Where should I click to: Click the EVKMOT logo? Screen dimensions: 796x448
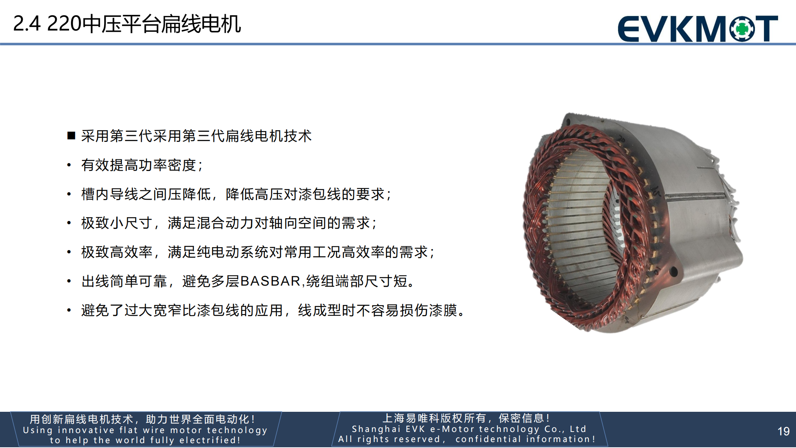click(x=697, y=28)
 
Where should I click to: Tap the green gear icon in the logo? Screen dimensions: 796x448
click(x=742, y=28)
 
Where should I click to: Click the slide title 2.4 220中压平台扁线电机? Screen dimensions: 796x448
click(x=127, y=24)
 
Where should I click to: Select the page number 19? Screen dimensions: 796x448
click(x=783, y=431)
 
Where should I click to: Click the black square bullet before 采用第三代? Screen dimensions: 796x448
click(x=71, y=136)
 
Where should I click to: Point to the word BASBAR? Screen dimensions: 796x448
click(x=270, y=281)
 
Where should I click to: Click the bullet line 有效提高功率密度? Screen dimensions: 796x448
click(x=142, y=165)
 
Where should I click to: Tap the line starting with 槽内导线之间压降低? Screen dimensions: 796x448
click(x=236, y=194)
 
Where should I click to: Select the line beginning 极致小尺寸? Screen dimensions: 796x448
click(x=229, y=223)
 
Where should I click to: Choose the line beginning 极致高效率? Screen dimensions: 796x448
click(x=258, y=252)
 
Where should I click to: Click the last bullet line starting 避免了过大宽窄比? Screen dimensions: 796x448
click(x=273, y=310)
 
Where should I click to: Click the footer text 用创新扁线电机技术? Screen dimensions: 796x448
click(x=142, y=419)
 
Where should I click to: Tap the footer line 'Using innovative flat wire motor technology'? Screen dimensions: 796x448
click(x=145, y=430)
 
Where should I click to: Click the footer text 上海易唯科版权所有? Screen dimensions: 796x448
click(x=466, y=418)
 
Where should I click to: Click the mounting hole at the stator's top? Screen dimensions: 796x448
click(x=569, y=121)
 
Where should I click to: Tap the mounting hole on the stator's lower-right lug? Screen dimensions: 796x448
click(x=674, y=271)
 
